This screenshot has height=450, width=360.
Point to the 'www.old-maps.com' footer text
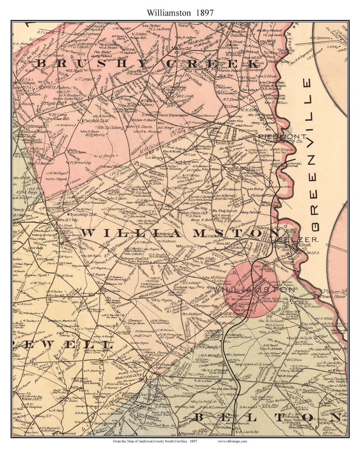(232, 442)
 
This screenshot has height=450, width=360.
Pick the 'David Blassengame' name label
(174, 115)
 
